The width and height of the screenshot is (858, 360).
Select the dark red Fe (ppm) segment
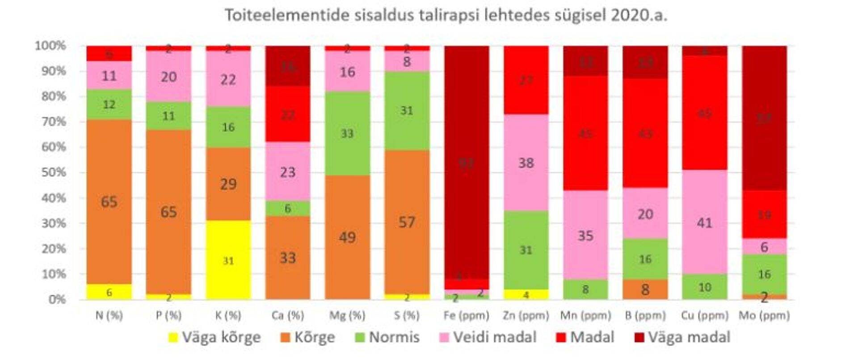pos(466,163)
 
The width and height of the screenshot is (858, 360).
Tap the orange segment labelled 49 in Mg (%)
pos(347,237)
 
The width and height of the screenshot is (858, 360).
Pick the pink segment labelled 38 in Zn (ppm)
pos(526,163)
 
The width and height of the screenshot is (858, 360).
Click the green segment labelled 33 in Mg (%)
pos(347,133)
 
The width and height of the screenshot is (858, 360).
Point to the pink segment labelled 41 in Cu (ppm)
pos(704,222)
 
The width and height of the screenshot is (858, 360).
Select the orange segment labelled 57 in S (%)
pos(407,222)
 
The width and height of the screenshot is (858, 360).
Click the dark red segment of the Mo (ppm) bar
pos(764,118)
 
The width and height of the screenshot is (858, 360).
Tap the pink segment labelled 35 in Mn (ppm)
pos(585,235)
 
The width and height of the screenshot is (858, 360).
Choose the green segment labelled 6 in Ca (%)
pos(288,208)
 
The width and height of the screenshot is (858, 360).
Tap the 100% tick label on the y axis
pos(50,46)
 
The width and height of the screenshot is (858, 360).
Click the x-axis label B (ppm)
pos(645,315)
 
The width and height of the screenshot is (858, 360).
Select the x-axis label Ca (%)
pos(288,315)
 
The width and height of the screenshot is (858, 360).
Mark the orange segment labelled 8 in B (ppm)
pos(645,289)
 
